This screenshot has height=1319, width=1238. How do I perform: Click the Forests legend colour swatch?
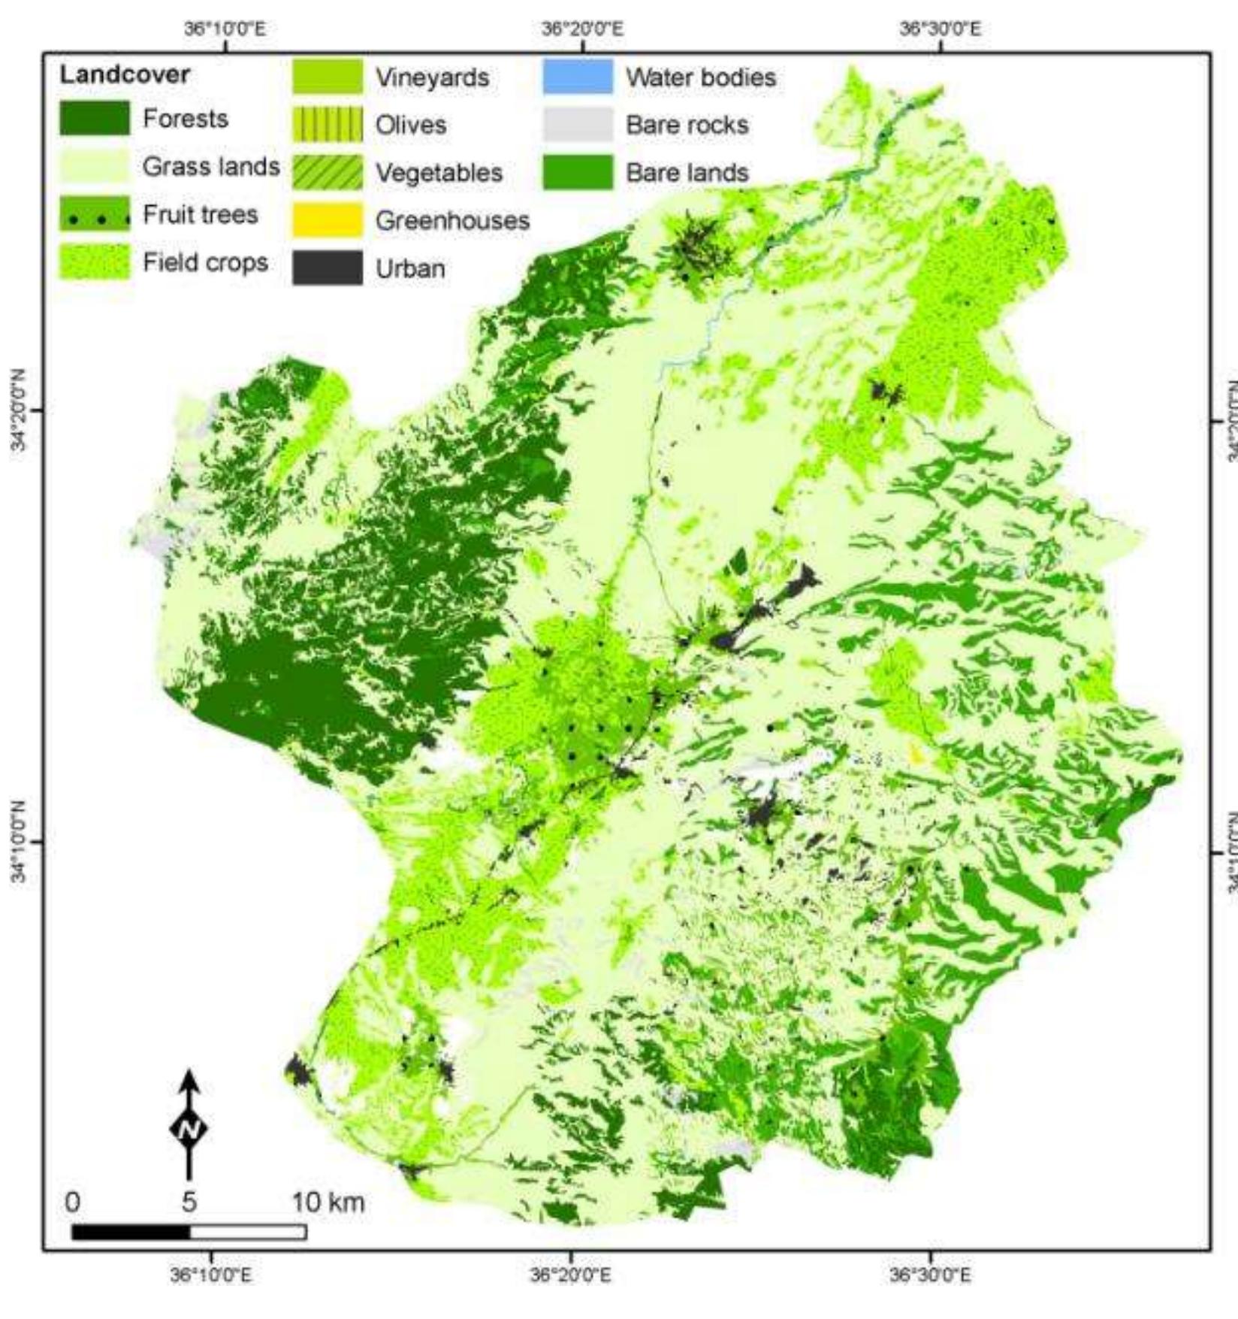coord(94,118)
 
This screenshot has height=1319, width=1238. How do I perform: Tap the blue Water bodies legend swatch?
coord(577,77)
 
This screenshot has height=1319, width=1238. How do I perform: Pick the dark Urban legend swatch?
coord(327,268)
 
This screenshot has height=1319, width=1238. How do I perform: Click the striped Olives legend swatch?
coord(327,125)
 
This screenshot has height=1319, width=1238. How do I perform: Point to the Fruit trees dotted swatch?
coord(94,215)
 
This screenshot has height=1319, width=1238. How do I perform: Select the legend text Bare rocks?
coord(687,125)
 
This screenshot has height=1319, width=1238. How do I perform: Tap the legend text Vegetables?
coord(439,173)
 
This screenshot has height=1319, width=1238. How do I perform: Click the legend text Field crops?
coord(205,262)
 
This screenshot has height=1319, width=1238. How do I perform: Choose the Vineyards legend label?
coord(432,77)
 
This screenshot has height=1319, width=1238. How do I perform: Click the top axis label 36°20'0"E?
coord(582,29)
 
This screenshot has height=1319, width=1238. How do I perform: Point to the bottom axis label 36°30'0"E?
coord(930,1275)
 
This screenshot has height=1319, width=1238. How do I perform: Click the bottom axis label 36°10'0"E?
coord(212,1275)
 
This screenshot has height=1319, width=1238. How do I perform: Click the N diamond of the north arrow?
coord(189,1128)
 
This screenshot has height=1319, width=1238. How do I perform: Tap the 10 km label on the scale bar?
coord(328,1202)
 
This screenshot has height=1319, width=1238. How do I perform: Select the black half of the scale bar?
coord(131,1232)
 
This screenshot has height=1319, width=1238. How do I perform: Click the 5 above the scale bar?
coord(189,1202)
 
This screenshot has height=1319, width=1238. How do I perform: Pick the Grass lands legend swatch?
coord(94,166)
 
